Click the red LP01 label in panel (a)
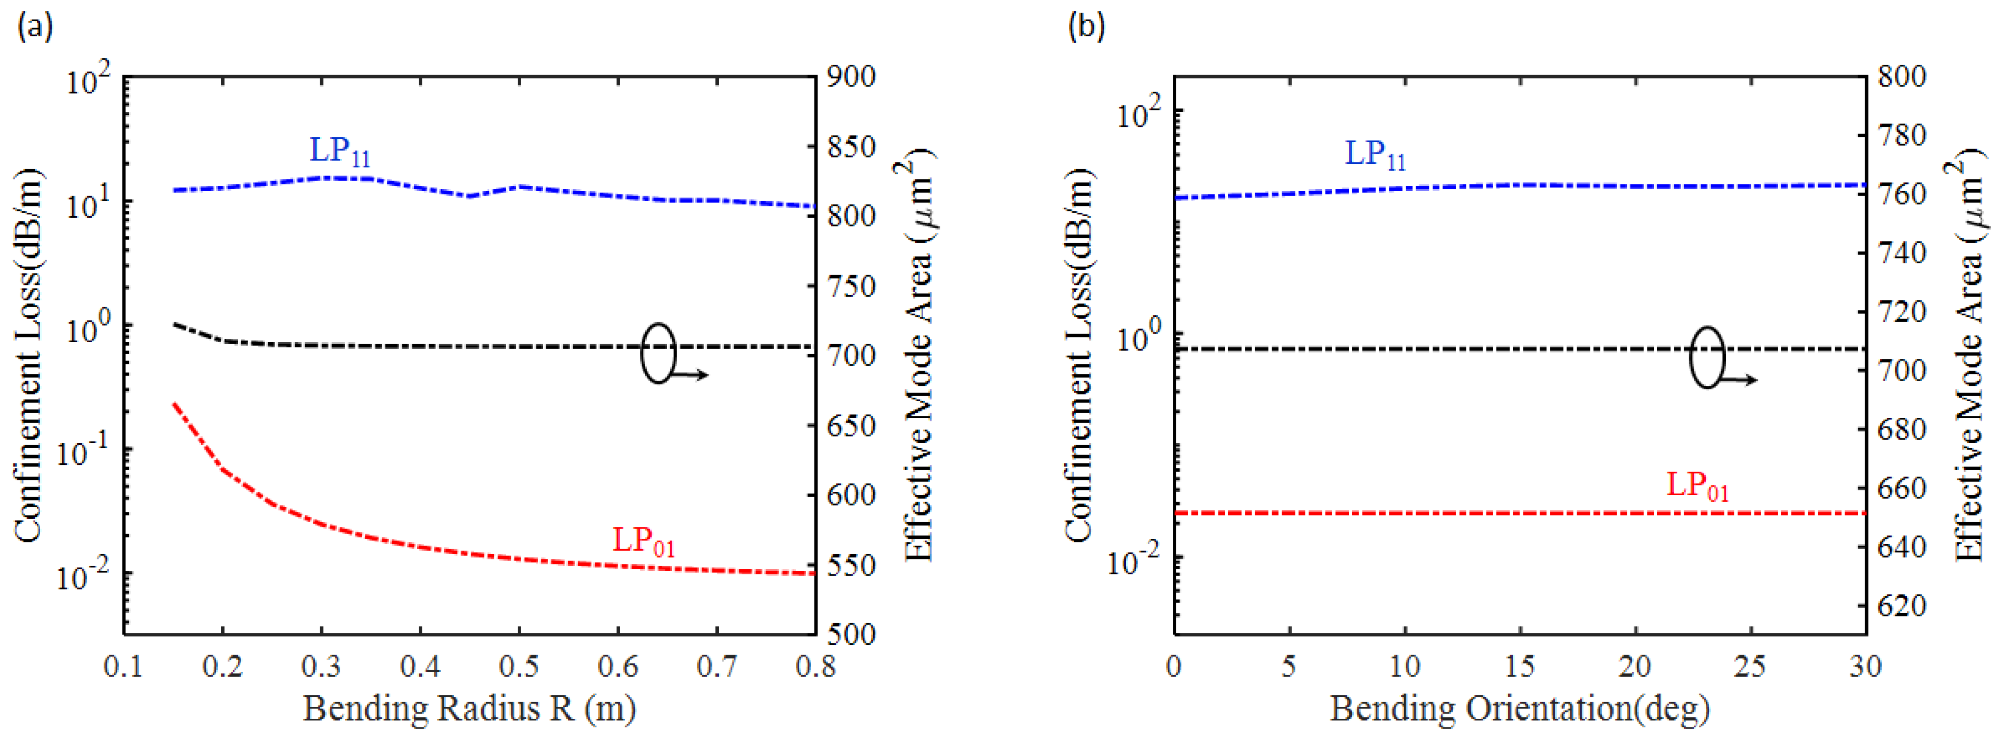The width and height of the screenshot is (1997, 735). [x=643, y=540]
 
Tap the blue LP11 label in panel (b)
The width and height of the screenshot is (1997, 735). [x=1374, y=154]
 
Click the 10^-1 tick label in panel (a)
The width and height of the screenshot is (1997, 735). [x=85, y=452]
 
